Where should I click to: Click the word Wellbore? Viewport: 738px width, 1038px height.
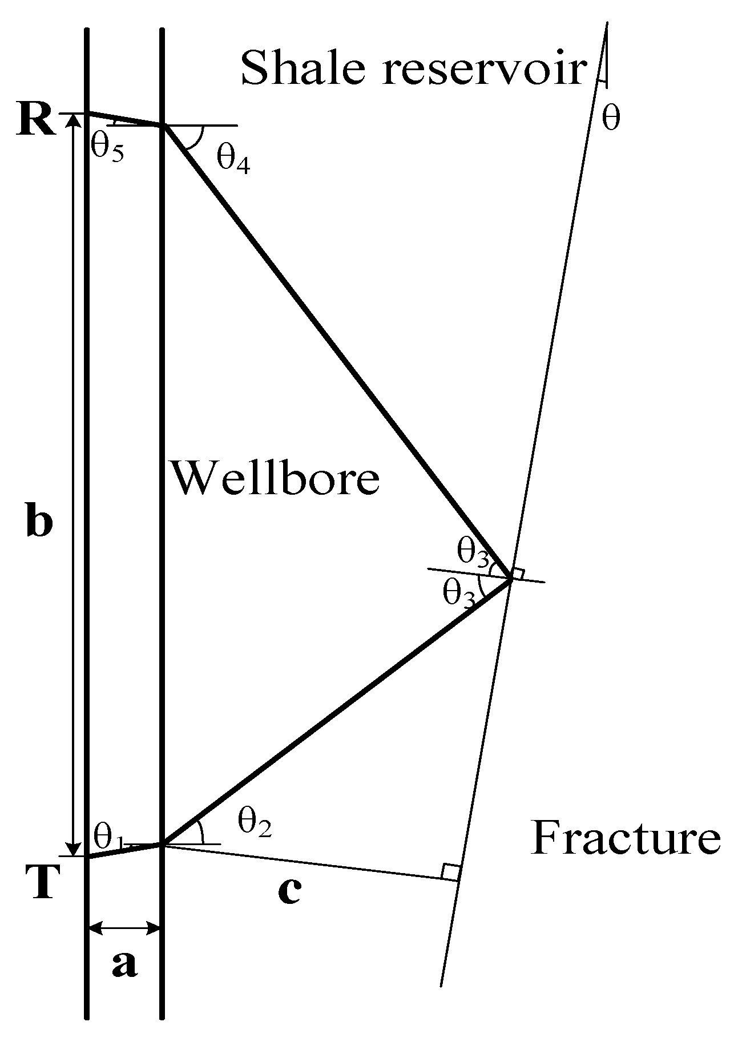[x=276, y=478]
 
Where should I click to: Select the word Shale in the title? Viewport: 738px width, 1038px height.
[x=306, y=67]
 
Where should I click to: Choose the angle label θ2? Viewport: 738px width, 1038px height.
[x=253, y=824]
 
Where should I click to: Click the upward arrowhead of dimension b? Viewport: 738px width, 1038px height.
[x=73, y=120]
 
